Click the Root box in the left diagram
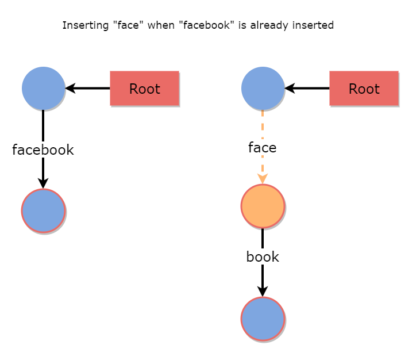144,89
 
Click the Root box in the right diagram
364,89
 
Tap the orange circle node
263,206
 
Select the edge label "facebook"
43,150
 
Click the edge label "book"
263,257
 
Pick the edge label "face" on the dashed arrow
263,148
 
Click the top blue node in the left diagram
43,89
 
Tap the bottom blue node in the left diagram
43,210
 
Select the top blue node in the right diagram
263,89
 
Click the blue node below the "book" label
263,319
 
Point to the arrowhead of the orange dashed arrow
263,179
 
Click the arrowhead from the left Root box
70,89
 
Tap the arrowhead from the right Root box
290,89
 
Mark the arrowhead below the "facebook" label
43,183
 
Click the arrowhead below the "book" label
263,292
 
